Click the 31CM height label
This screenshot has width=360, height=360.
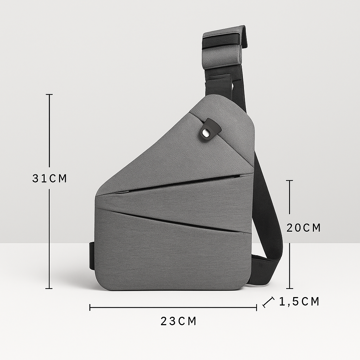pos(49,178)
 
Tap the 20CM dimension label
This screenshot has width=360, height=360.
pos(303,228)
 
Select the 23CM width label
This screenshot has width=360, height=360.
pos(178,321)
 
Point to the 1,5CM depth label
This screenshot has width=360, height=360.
pos(299,301)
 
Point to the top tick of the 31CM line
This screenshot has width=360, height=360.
pos(49,95)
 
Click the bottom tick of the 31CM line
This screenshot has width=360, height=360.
pos(49,289)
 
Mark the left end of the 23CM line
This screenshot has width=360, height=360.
pos(90,308)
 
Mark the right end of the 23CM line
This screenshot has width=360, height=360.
pos(256,308)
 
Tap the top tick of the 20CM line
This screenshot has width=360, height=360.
pos(289,181)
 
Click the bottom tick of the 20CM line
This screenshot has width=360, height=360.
pos(289,288)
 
